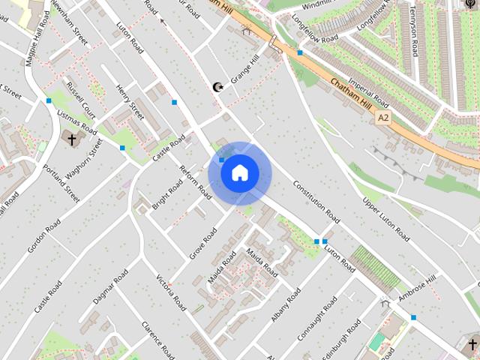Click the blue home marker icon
pyautogui.click(x=239, y=173)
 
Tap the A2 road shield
pyautogui.click(x=383, y=118)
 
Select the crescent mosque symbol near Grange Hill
pyautogui.click(x=218, y=88)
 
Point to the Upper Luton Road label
pyautogui.click(x=386, y=220)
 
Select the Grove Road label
pyautogui.click(x=202, y=244)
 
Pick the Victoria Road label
pyautogui.click(x=171, y=293)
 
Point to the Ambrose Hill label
pyautogui.click(x=417, y=290)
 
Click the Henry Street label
pyautogui.click(x=130, y=102)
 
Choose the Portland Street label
pyautogui.click(x=61, y=184)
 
